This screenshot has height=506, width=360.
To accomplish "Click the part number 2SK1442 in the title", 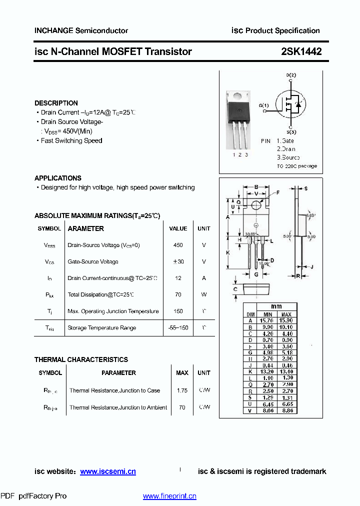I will click(x=301, y=51).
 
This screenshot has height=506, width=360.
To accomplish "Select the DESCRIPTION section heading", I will click(x=56, y=103).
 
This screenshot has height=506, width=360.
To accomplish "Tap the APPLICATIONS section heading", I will click(x=58, y=178).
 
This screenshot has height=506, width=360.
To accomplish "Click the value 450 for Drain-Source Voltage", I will click(x=178, y=245).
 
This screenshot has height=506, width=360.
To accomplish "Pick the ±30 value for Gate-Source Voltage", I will click(x=178, y=262).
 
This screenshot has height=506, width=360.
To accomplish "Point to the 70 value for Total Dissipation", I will click(x=178, y=295).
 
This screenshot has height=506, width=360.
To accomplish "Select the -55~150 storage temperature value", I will click(x=178, y=328).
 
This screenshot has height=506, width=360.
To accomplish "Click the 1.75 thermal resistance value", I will click(x=182, y=390).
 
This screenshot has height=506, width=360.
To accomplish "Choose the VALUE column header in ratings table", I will click(x=178, y=228).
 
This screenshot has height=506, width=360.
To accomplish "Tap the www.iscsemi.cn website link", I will click(x=108, y=471).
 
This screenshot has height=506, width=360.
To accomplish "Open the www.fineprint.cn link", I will click(x=169, y=496).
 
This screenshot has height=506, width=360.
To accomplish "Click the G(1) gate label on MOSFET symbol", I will click(x=263, y=105).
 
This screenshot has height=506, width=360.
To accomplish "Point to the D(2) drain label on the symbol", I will click(x=291, y=75).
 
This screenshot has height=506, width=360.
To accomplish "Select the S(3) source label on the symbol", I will click(x=291, y=132).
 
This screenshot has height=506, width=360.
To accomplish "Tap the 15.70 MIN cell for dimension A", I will click(x=266, y=320).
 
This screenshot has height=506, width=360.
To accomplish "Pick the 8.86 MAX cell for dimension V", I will click(x=286, y=410).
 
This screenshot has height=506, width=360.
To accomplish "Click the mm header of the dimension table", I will click(x=276, y=306).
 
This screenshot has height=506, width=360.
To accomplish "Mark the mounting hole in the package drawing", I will click(x=256, y=204).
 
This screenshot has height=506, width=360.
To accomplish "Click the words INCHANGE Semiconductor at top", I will click(x=81, y=30).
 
